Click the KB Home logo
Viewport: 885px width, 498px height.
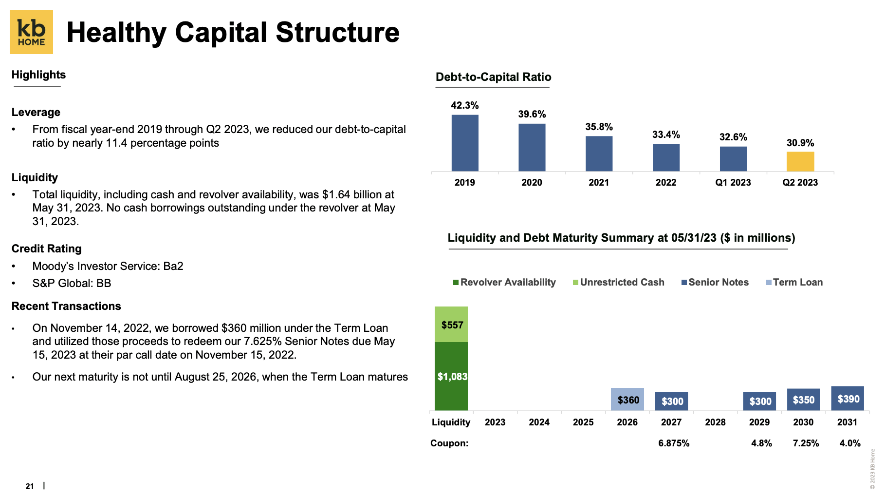pos(31,32)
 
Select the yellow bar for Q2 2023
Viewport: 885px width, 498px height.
pos(800,162)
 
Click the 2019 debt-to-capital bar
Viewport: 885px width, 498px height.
pos(464,143)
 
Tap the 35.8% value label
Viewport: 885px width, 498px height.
pos(599,127)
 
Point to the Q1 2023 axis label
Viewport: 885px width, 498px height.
pos(733,182)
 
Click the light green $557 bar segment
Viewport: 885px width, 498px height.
pos(451,324)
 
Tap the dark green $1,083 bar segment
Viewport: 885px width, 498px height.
pos(451,376)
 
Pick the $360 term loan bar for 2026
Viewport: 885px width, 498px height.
pos(627,400)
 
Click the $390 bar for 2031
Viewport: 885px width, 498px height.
pos(848,399)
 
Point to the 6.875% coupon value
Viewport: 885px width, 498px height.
pos(674,443)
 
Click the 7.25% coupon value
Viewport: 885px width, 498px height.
pos(806,443)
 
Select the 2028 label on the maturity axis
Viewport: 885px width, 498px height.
pos(715,422)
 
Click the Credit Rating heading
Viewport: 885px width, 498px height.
pos(47,249)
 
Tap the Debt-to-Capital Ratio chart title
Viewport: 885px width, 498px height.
pos(493,77)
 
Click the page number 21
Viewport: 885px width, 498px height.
pos(30,486)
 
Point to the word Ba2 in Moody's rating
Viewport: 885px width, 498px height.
pos(173,266)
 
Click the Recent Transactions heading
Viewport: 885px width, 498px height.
pos(66,306)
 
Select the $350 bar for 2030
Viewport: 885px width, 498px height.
pos(803,400)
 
